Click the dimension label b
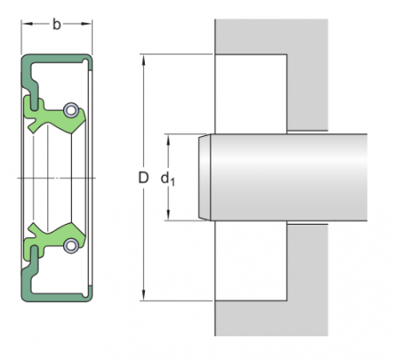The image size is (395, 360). pos(56,24)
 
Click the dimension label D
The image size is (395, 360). pos(143,177)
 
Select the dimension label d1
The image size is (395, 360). pos(167,178)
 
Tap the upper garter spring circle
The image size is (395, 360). pos(70,110)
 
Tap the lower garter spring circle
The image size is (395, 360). pos(70,245)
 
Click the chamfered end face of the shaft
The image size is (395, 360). pos(205,177)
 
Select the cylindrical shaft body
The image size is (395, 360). pos(290,177)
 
